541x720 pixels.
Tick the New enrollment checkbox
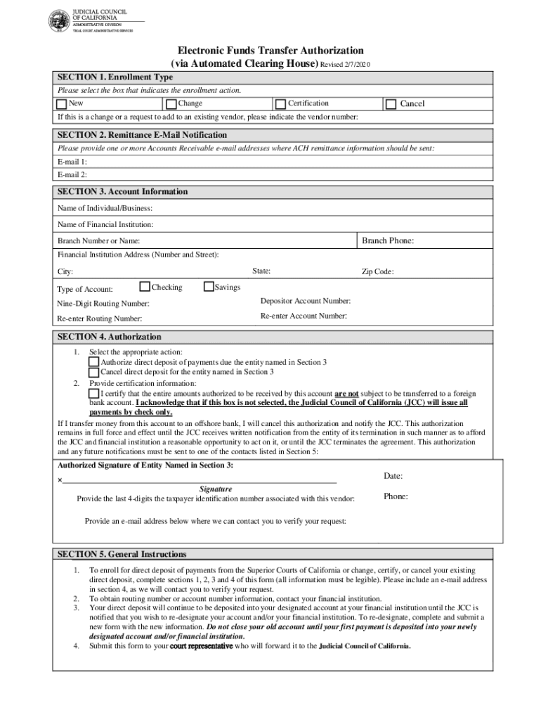click(x=62, y=104)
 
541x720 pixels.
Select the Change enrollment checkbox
click(x=172, y=104)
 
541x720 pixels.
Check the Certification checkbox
click(x=281, y=104)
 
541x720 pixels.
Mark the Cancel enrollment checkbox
click(x=391, y=104)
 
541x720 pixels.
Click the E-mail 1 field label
click(x=72, y=162)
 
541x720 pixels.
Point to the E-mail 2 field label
click(x=72, y=174)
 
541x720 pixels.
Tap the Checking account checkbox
click(x=145, y=287)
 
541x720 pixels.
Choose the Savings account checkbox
click(x=209, y=287)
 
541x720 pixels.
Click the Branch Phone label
click(x=387, y=241)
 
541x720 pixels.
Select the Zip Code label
click(x=377, y=272)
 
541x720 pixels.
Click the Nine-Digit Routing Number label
click(x=103, y=304)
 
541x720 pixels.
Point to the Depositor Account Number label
click(x=305, y=301)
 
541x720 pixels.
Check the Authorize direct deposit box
click(x=93, y=362)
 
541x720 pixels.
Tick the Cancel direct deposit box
click(x=93, y=372)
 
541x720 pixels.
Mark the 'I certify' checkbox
click(x=93, y=393)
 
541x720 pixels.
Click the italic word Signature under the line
click(x=216, y=489)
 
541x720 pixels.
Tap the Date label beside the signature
click(x=393, y=476)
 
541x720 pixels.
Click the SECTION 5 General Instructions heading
click(x=122, y=554)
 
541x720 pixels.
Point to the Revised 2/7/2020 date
click(x=345, y=65)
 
